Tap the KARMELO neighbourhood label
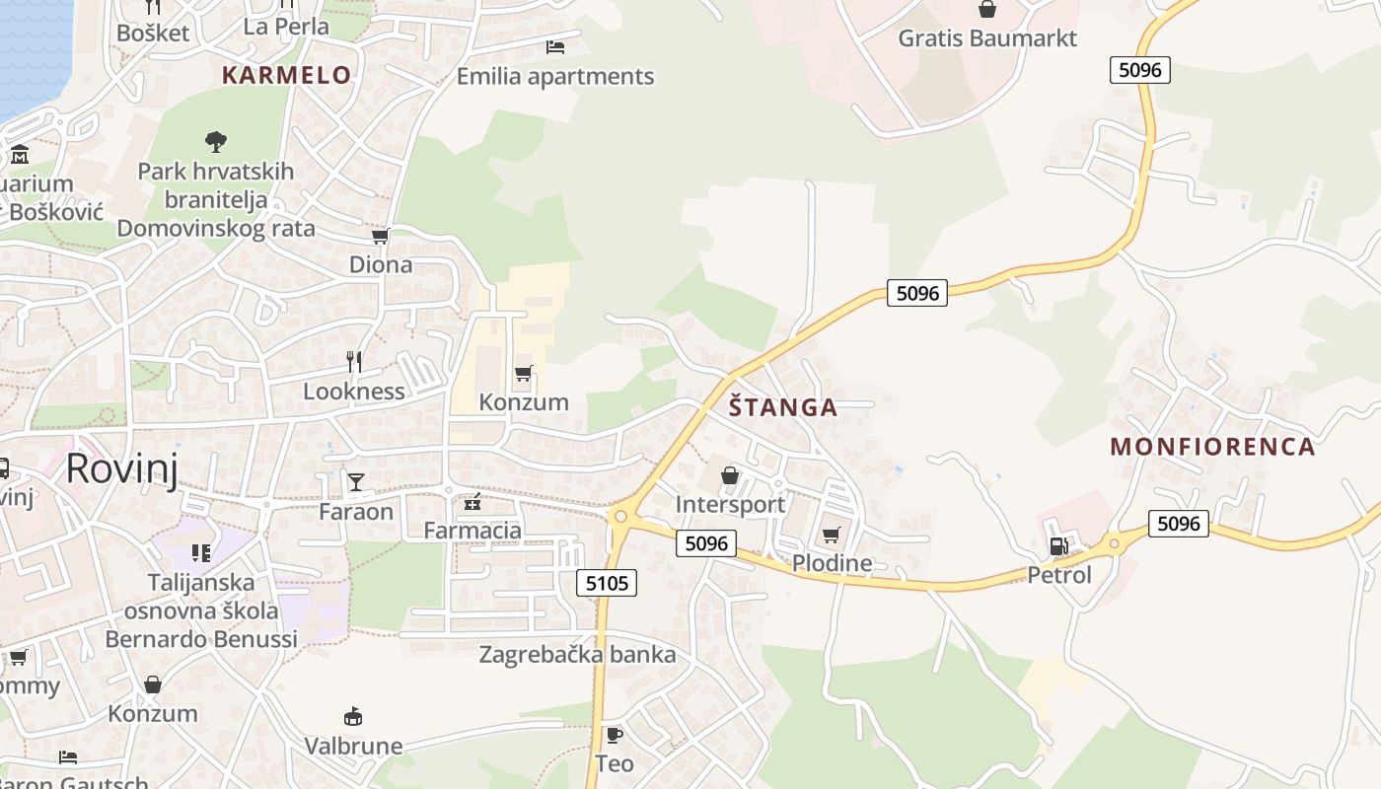[x=286, y=75]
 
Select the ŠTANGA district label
[x=783, y=406]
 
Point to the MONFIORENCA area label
[x=1212, y=447]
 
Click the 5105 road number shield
[x=607, y=583]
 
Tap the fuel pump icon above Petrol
[x=1058, y=545]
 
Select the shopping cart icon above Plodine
[x=831, y=535]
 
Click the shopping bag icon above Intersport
[x=730, y=476]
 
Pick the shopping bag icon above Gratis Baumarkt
[x=986, y=10]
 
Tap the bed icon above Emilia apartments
[x=554, y=46]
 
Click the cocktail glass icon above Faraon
[x=355, y=482]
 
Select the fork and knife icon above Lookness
[x=354, y=362]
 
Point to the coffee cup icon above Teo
[x=614, y=735]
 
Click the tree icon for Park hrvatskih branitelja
[x=215, y=142]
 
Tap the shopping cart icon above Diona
[x=380, y=236]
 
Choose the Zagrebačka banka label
[x=577, y=655]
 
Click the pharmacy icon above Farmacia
[x=472, y=502]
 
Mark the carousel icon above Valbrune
[x=352, y=716]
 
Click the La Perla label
[x=286, y=27]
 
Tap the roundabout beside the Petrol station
[x=1114, y=541]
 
